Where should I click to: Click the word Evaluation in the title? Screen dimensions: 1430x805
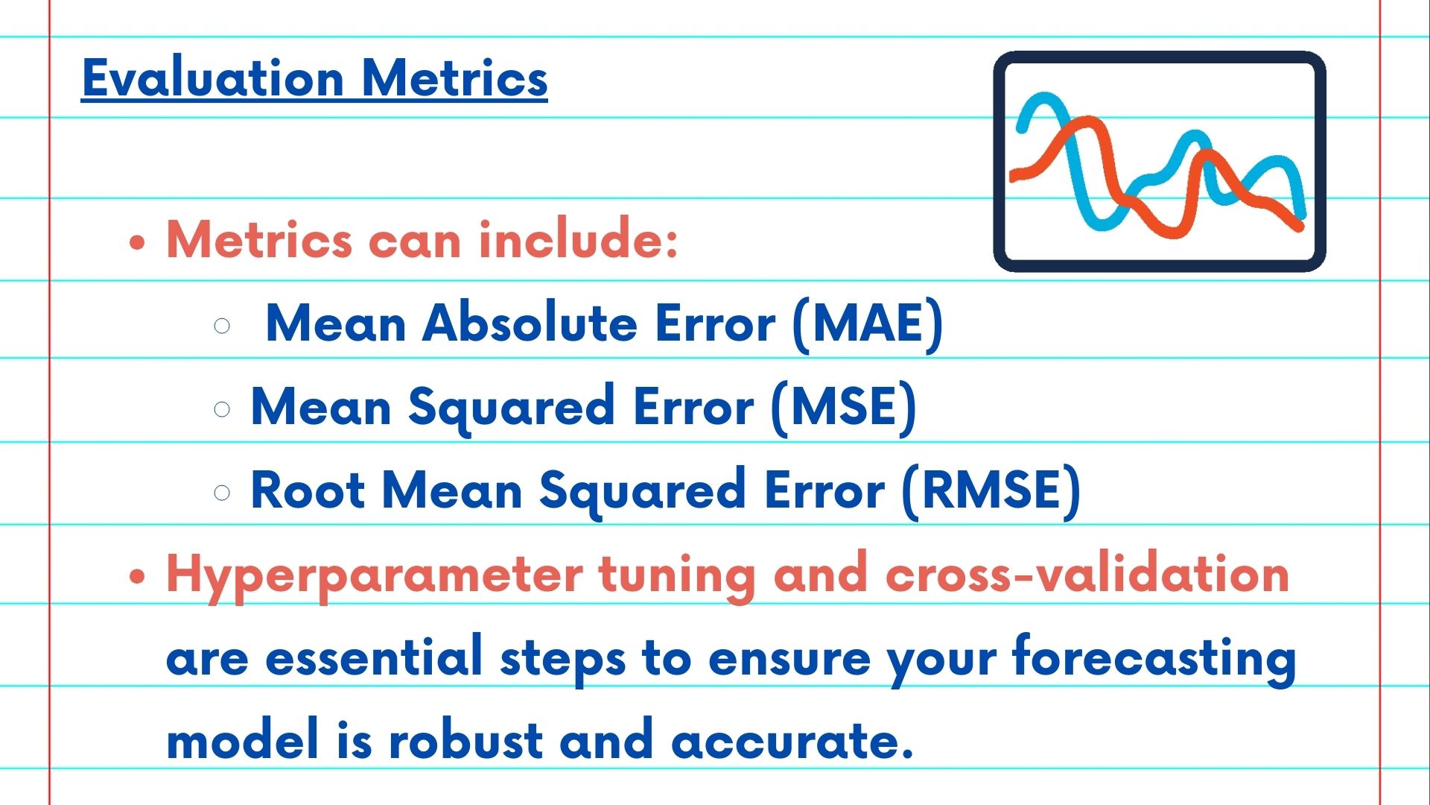213,78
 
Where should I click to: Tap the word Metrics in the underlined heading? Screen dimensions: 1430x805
455,78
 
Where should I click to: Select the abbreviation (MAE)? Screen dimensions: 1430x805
868,324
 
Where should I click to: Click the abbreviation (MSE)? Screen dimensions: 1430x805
844,408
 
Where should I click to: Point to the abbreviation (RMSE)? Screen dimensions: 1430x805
991,491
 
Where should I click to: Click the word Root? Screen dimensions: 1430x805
308,490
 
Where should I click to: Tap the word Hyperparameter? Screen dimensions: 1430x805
375,575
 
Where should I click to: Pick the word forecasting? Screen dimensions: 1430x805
1154,659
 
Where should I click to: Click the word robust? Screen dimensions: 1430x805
465,740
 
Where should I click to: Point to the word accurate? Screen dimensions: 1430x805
792,742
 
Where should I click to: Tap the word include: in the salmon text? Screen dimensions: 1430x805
579,239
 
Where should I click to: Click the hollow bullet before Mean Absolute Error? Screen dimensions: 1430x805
222,326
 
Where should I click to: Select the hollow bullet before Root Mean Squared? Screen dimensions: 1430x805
222,493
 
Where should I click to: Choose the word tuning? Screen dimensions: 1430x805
677,575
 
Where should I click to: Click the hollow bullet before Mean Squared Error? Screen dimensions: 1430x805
222,409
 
